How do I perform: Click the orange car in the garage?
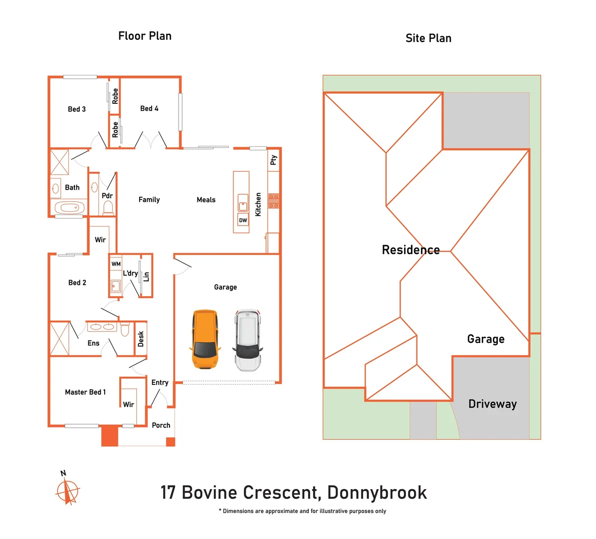pos(204,339)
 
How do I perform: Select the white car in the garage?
pos(248,340)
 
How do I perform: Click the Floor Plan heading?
pos(145,36)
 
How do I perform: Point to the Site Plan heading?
pos(428,38)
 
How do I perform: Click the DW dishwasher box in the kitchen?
pos(243,220)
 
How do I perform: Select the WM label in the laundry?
pos(116,264)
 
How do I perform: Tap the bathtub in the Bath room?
pos(69,207)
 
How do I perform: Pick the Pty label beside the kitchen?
pos(273,160)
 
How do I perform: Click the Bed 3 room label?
pos(77,109)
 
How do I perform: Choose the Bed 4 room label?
pos(149,108)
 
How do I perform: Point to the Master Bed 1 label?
pos(85,392)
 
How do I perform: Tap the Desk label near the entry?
pos(141,339)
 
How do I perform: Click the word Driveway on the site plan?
pos(492,404)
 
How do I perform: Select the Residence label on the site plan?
pos(410,250)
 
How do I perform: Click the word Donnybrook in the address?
pos(377,493)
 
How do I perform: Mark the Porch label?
pos(161,425)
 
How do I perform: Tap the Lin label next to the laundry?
pos(146,276)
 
